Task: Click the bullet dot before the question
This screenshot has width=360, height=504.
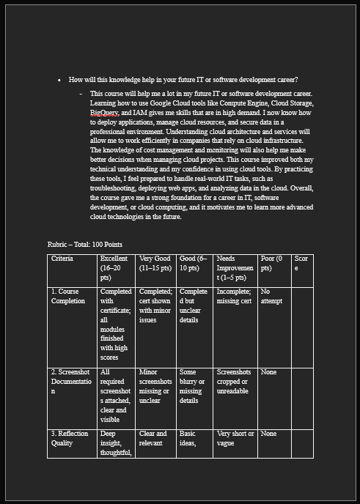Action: pos(59,80)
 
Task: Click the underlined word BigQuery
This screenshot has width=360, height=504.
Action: pos(105,114)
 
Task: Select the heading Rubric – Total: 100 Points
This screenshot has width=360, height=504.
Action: pos(84,244)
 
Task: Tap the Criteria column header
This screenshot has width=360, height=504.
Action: pos(62,259)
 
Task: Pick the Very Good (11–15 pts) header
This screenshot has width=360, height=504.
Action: pos(155,264)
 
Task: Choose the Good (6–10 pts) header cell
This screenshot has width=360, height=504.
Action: pos(194,264)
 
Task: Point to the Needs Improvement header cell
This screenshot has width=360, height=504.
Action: pos(235,268)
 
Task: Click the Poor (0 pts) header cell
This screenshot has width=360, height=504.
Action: pos(273,264)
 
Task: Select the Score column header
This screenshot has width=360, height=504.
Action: pos(302,264)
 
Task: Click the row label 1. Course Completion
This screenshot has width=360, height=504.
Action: pos(68,296)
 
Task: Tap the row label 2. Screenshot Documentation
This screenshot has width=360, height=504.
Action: pos(71,382)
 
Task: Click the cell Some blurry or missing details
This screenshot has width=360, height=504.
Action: pos(194,386)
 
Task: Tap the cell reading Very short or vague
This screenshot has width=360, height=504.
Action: pos(235,438)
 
